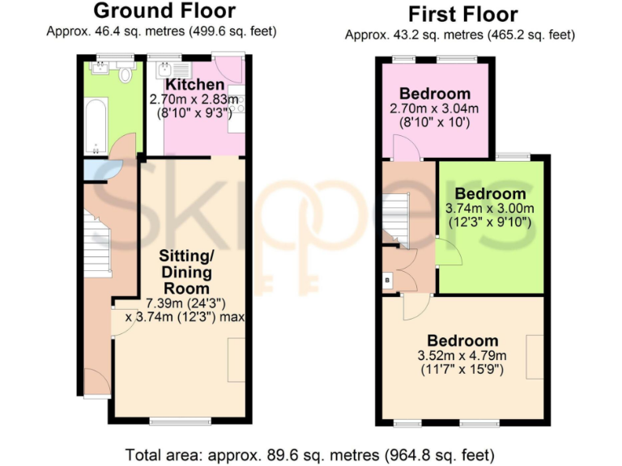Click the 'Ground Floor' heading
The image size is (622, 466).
[x=164, y=11]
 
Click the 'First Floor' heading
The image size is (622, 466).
[x=462, y=14]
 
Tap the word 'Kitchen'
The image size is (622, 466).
[x=194, y=85]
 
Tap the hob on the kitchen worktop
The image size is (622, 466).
[x=236, y=100]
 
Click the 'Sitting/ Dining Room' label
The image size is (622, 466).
[x=187, y=272]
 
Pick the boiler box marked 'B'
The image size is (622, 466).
[x=387, y=280]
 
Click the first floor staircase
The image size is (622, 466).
[x=395, y=216]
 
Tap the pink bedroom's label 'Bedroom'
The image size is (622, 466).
[x=435, y=93]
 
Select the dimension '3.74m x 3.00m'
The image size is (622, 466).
[x=491, y=208]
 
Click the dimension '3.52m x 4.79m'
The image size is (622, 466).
[x=463, y=355]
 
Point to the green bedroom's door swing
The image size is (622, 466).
[x=448, y=252]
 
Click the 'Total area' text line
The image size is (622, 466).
[x=310, y=454]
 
